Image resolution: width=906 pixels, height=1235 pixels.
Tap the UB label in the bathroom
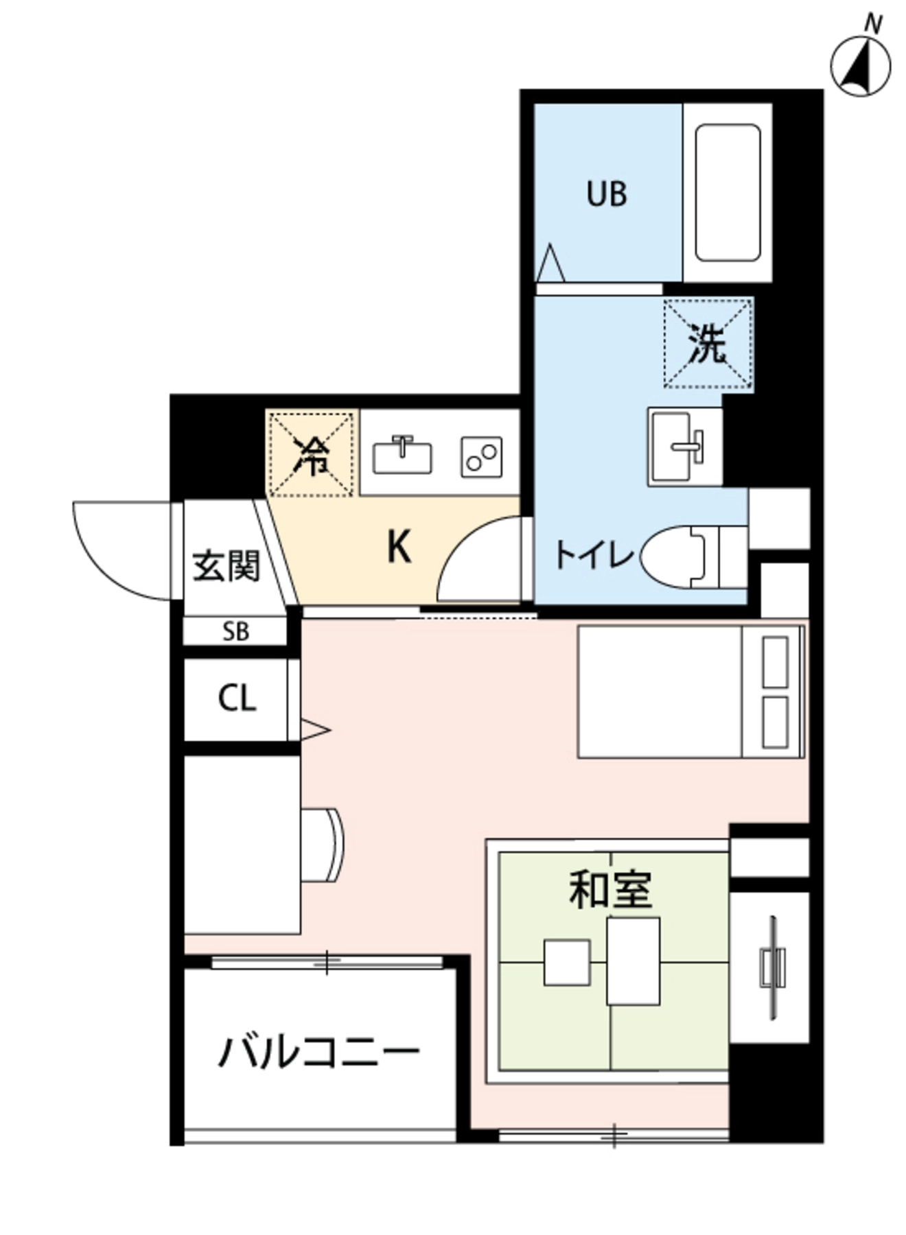[x=607, y=194]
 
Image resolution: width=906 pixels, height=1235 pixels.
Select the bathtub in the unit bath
[x=728, y=193]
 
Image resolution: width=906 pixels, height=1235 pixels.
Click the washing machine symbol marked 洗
[x=708, y=344]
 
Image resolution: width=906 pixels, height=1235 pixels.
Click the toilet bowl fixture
[x=694, y=556]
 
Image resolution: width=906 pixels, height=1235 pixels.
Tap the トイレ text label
[x=594, y=555]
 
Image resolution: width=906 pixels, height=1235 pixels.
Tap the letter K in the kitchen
[x=399, y=548]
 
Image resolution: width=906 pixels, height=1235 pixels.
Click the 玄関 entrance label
[x=226, y=566]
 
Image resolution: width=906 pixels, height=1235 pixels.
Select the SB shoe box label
[x=235, y=631]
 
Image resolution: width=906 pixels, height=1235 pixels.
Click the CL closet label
[x=237, y=698]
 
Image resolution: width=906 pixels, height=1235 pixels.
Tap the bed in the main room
[x=691, y=691]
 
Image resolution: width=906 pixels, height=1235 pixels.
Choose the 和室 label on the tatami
[x=610, y=890]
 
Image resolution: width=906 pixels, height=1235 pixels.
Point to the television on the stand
[x=773, y=967]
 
